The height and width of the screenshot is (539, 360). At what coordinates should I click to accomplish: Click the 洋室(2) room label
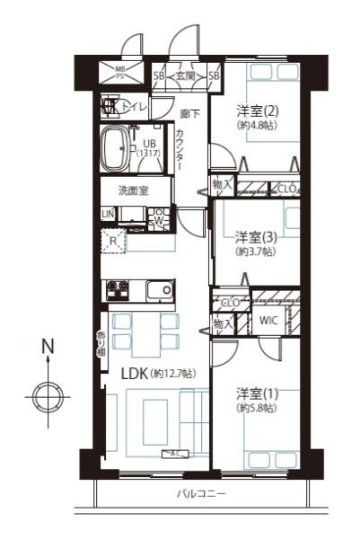click(x=255, y=111)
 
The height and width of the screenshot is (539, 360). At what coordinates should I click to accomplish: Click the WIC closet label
click(x=268, y=321)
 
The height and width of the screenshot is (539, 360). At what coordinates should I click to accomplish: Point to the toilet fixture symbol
click(x=111, y=107)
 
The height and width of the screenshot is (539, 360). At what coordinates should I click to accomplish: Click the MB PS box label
click(x=119, y=72)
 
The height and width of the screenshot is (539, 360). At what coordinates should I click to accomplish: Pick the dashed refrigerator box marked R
click(x=113, y=242)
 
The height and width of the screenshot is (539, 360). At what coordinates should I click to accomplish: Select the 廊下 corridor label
click(x=189, y=114)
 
